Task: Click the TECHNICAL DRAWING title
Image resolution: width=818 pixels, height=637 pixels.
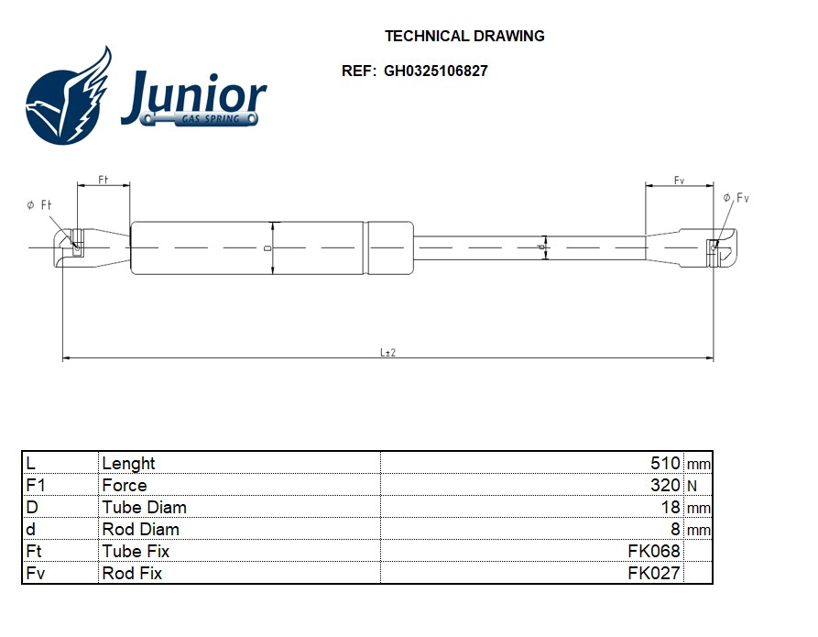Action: [x=464, y=37]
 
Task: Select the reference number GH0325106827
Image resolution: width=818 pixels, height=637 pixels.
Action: [x=435, y=71]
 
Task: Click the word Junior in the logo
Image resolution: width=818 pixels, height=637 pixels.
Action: [x=193, y=96]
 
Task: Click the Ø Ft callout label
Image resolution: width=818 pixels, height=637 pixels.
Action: [x=38, y=205]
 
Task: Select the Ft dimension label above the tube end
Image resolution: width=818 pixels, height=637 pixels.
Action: [x=104, y=181]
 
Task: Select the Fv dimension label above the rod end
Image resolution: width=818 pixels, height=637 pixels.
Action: [x=679, y=181]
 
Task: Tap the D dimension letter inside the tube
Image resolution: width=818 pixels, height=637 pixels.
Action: [x=267, y=248]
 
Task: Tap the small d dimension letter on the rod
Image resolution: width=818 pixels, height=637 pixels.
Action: [x=541, y=247]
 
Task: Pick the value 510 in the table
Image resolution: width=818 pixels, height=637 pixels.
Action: [x=664, y=463]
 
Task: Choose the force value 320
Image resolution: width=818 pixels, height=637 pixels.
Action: [x=664, y=485]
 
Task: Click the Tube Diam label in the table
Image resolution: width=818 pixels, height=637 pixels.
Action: [x=144, y=507]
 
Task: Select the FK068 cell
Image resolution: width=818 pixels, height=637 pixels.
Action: [x=653, y=551]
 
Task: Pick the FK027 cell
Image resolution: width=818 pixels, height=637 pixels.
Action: [x=653, y=573]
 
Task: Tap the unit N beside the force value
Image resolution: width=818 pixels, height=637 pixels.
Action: [x=692, y=486]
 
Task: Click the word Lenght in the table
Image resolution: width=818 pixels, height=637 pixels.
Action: [x=128, y=463]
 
